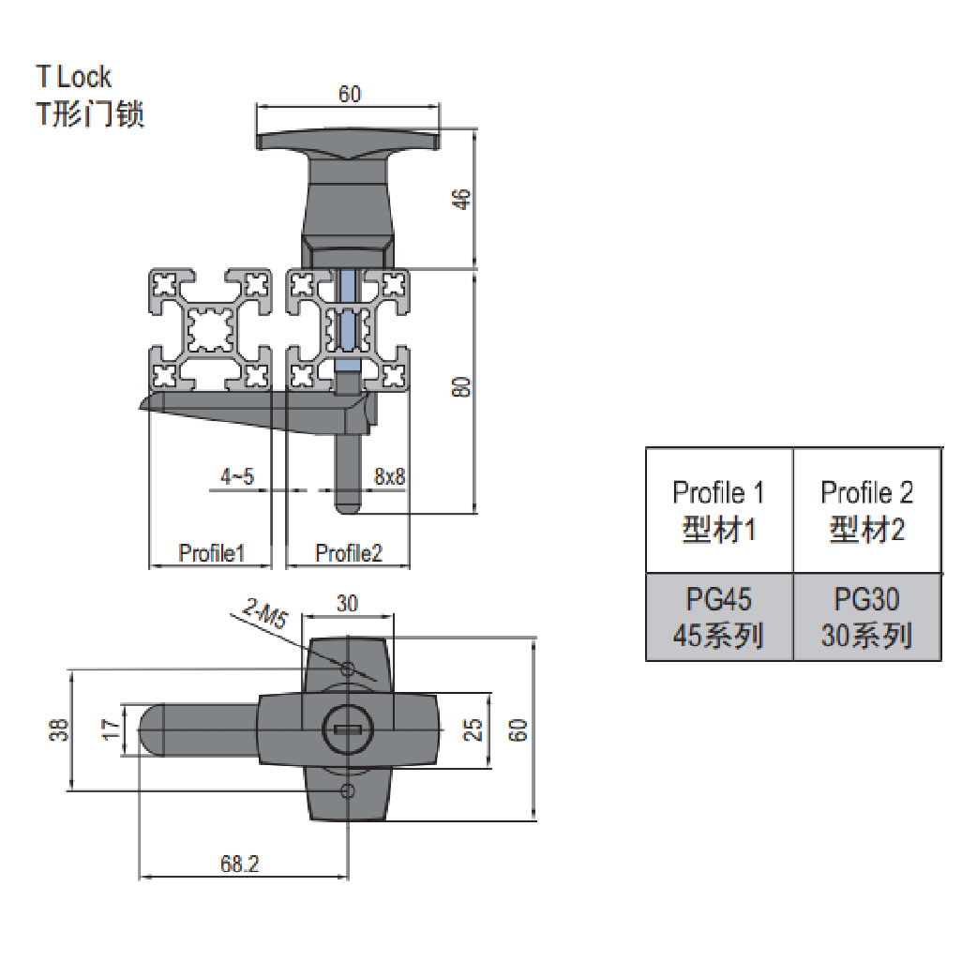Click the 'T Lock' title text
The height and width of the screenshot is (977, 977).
coord(73,76)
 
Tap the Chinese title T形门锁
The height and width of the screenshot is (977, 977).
coord(89,114)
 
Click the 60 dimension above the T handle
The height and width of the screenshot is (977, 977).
coord(349,93)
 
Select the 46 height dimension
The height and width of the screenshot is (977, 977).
coord(459,198)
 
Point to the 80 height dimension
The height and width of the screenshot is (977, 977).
coord(459,386)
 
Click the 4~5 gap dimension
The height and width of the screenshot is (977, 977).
coord(236,477)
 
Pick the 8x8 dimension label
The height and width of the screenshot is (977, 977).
coord(389,477)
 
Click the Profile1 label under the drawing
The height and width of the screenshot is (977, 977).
coord(211,553)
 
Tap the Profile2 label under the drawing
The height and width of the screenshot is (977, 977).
coord(349,553)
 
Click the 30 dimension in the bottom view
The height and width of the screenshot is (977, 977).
coord(347,605)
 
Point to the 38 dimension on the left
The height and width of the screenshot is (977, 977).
coord(58,729)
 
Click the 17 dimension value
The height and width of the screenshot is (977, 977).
coord(111,729)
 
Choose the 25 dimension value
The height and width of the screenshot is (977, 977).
coord(473,729)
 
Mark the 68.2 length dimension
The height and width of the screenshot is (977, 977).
coord(240,865)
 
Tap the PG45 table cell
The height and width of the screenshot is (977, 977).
coord(719,617)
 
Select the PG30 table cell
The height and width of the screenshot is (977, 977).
coord(866,617)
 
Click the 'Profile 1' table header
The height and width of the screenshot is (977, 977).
coord(719,510)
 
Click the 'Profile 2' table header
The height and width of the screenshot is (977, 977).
coord(866,510)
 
